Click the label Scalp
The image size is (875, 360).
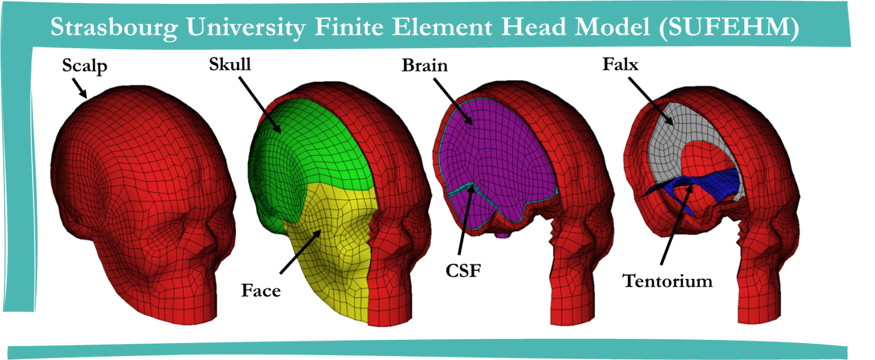tap(84, 66)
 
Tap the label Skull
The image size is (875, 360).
tap(230, 65)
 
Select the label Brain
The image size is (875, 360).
tap(424, 65)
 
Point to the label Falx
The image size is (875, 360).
tap(620, 64)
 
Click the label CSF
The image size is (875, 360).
tap(463, 270)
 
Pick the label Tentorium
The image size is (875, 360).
tap(668, 281)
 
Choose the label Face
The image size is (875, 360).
tap(261, 291)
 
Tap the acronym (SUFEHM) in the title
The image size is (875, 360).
tap(729, 27)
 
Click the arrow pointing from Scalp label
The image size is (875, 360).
tap(79, 88)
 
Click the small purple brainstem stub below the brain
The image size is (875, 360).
tap(504, 235)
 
